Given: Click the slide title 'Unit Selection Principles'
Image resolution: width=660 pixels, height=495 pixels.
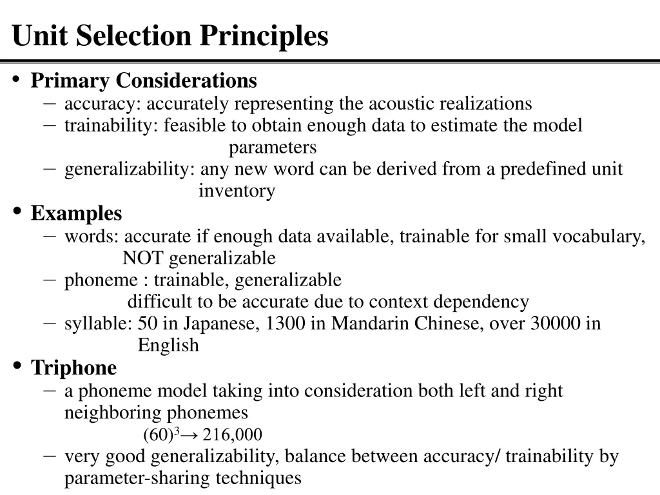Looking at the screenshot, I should [x=170, y=35].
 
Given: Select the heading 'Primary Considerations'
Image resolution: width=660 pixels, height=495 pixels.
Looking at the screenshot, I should [x=144, y=81].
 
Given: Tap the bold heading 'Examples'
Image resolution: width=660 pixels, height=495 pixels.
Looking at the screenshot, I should [x=76, y=213].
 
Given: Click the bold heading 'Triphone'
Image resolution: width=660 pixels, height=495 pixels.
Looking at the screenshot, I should [x=74, y=368].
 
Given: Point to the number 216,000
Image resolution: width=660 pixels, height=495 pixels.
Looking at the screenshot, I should [x=232, y=434].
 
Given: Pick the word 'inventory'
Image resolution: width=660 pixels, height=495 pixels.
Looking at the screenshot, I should [x=237, y=191].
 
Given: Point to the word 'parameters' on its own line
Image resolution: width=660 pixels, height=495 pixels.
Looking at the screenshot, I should [x=273, y=148].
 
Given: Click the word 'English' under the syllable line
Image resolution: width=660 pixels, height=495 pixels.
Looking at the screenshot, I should [x=168, y=345].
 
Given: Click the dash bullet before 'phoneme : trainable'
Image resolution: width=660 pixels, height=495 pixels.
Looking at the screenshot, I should [x=49, y=279].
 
